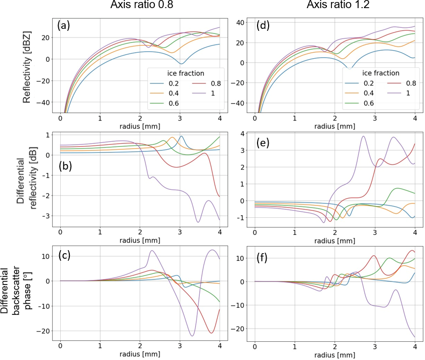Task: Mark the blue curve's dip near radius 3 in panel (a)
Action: pyautogui.click(x=181, y=64)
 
